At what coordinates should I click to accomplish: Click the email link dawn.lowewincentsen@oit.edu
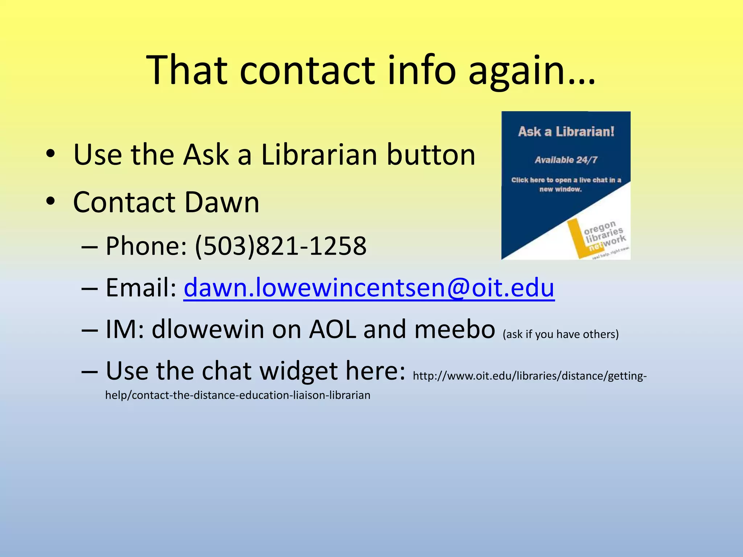click(x=369, y=288)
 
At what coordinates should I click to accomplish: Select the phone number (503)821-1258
click(x=281, y=246)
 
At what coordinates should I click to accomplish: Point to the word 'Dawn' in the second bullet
click(x=222, y=202)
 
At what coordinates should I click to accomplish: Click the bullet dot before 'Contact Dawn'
click(x=50, y=201)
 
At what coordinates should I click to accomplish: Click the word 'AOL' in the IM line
click(x=333, y=329)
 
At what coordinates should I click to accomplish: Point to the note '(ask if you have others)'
click(x=561, y=334)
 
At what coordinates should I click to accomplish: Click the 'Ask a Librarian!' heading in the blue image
click(x=566, y=132)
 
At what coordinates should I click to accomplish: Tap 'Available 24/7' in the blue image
click(x=566, y=160)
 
